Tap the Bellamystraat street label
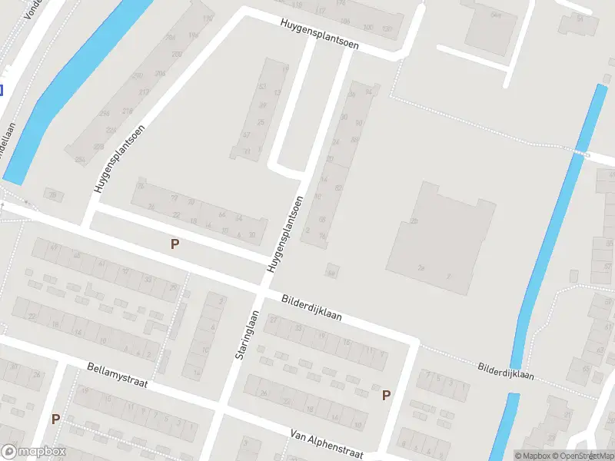pyautogui.click(x=118, y=375)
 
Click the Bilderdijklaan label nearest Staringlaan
pyautogui.click(x=311, y=307)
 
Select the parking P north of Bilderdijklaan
pyautogui.click(x=175, y=244)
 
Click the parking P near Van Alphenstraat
pyautogui.click(x=386, y=395)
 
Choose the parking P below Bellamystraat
pyautogui.click(x=55, y=419)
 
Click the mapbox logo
pyautogui.click(x=34, y=452)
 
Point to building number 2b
pyautogui.click(x=414, y=221)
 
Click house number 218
pyautogui.click(x=128, y=111)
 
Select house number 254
pyautogui.click(x=80, y=159)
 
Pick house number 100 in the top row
pyautogui.click(x=367, y=28)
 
